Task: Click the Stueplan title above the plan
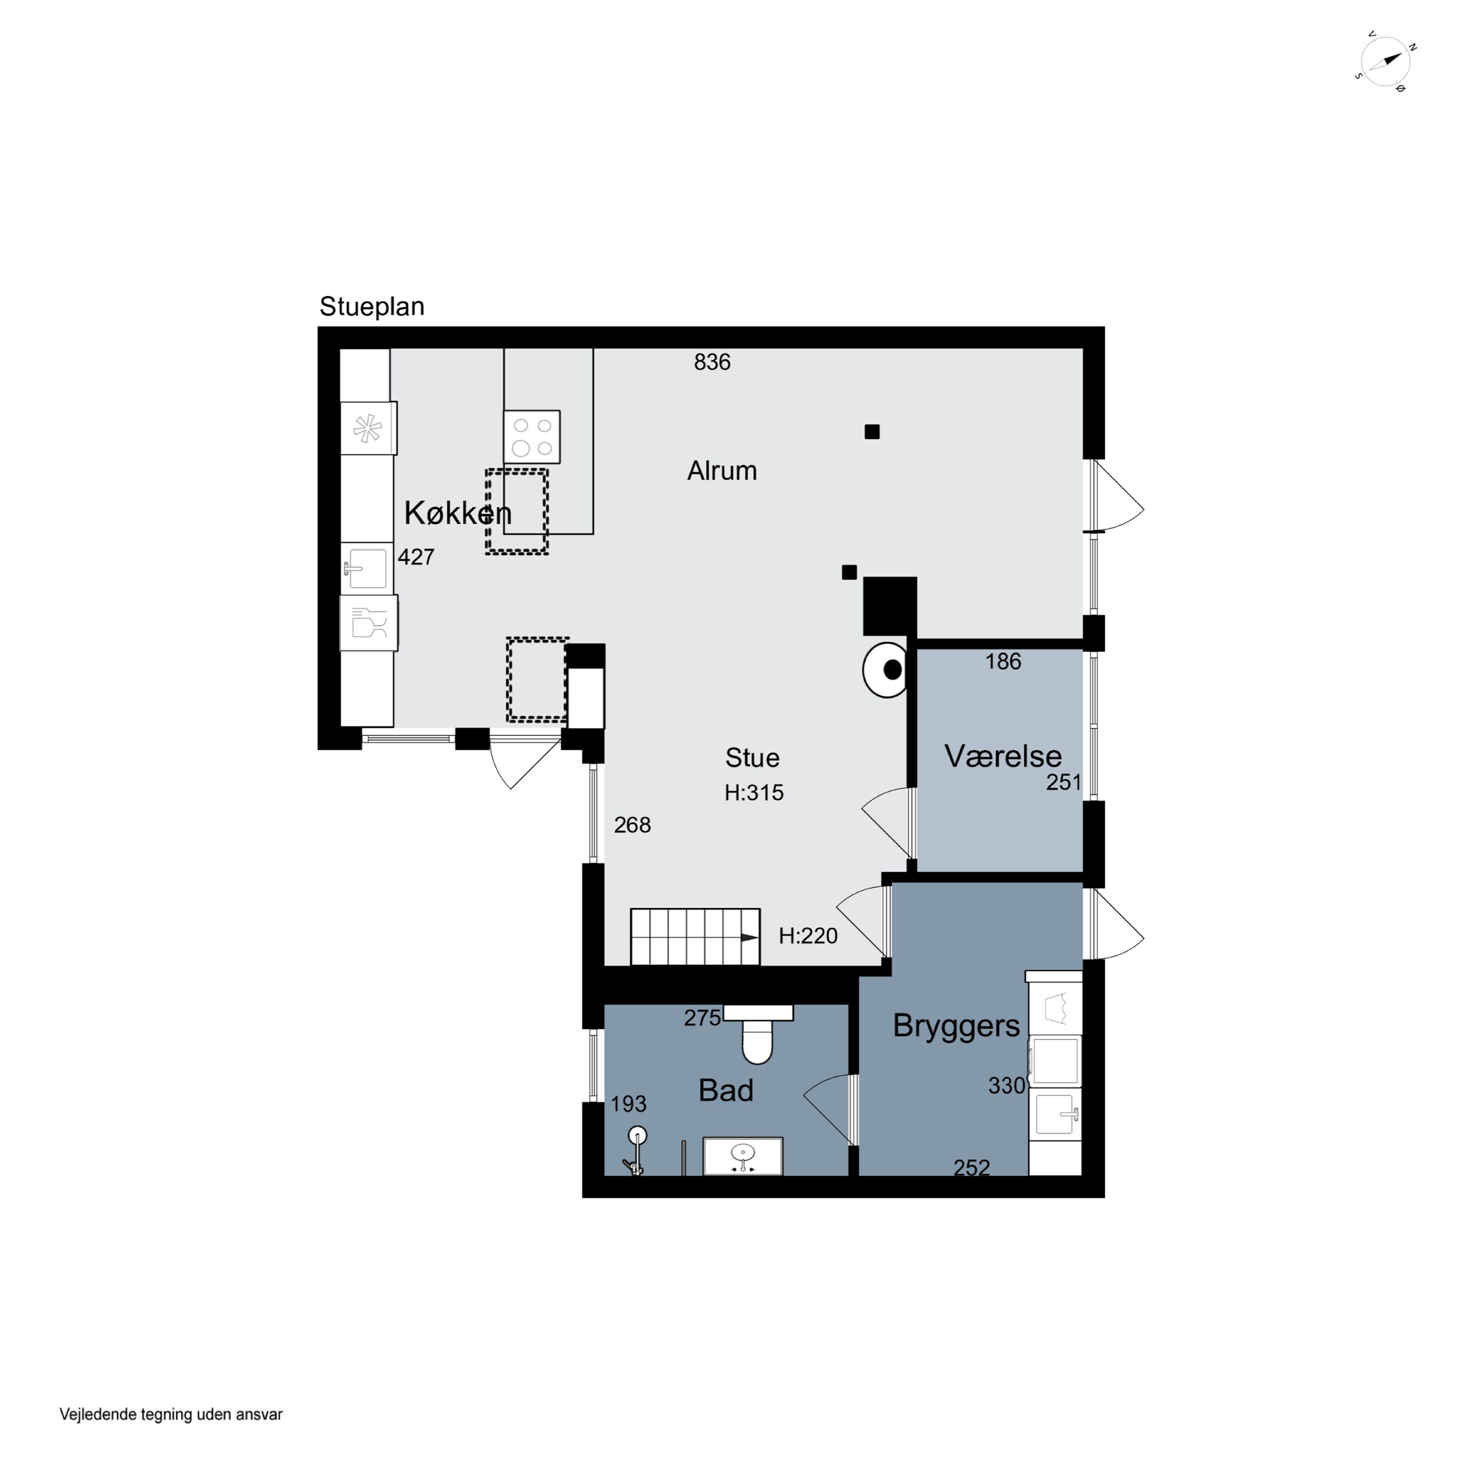371,307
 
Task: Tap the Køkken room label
458,513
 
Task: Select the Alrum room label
722,471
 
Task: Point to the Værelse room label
1002,756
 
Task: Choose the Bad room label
726,1091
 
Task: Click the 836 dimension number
712,363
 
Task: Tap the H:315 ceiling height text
754,792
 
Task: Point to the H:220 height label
808,936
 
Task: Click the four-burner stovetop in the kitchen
532,437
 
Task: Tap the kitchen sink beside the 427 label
367,568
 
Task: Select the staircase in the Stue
694,937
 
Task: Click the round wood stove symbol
885,670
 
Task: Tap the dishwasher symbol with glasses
368,623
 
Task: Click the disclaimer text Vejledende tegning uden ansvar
171,1414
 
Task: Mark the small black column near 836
872,432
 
